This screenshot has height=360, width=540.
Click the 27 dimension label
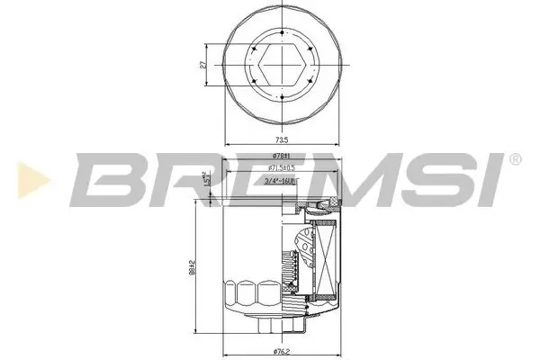click(204, 65)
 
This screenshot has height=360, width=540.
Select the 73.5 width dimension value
click(282, 139)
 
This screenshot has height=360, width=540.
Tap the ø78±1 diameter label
click(281, 157)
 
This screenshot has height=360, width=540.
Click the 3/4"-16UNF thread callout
click(281, 182)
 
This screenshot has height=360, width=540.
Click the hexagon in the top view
click(282, 65)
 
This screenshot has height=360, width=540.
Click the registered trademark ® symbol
click(514, 159)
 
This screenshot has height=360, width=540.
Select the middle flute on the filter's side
click(245, 292)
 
